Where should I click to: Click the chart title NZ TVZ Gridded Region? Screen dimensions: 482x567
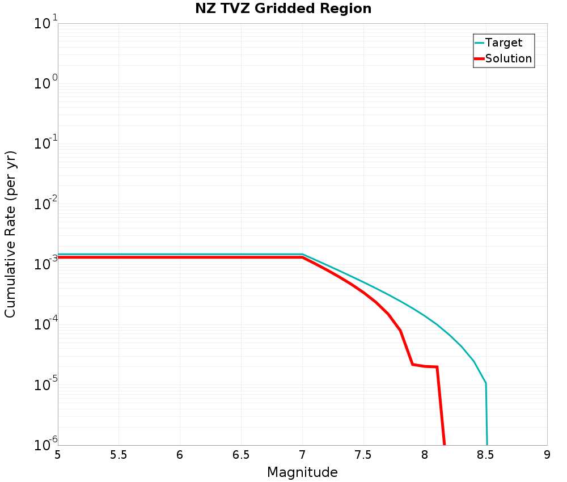(x=283, y=9)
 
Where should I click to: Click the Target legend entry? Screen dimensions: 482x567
(x=503, y=43)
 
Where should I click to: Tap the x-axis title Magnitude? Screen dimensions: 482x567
(x=302, y=472)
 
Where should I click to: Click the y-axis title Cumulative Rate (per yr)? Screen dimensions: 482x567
(x=10, y=234)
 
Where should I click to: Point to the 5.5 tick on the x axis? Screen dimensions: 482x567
(x=119, y=455)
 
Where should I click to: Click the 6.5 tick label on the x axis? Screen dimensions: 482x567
(x=241, y=455)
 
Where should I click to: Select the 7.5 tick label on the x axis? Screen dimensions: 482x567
(x=363, y=455)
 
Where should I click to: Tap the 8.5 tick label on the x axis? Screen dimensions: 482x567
(x=485, y=455)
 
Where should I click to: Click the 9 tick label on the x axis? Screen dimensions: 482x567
(x=547, y=455)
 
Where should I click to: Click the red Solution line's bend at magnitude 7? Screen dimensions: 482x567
(x=302, y=257)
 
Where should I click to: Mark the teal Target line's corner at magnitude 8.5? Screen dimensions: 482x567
(x=485, y=383)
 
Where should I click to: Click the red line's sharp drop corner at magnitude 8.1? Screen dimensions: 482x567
(x=437, y=367)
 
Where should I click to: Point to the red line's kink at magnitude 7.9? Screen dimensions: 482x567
(x=412, y=364)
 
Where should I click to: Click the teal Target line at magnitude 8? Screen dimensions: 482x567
(x=425, y=316)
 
